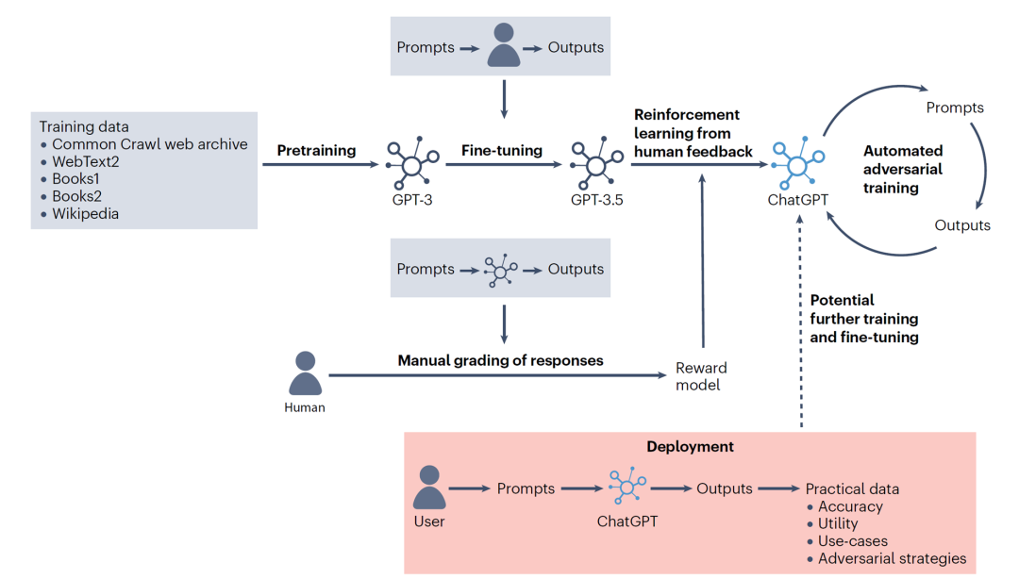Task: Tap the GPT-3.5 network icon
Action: (x=595, y=164)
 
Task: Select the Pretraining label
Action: (x=316, y=150)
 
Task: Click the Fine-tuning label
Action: (x=501, y=150)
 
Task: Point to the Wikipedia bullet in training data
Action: (x=85, y=214)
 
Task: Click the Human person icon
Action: (x=305, y=374)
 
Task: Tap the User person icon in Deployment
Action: (x=429, y=488)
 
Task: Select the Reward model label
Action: (x=702, y=376)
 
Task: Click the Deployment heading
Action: (x=690, y=446)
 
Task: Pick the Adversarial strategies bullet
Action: (x=892, y=558)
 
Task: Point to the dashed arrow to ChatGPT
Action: (x=801, y=321)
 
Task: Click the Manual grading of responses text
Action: (x=500, y=360)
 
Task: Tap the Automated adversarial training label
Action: (x=902, y=169)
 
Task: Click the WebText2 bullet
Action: (x=85, y=161)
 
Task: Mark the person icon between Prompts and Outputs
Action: (x=504, y=48)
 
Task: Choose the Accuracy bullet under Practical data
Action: (x=850, y=506)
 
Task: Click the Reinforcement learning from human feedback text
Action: (x=693, y=133)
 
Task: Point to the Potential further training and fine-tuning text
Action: (x=863, y=319)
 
